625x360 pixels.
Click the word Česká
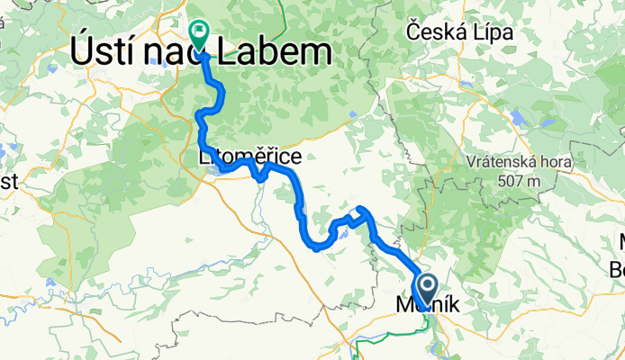438,31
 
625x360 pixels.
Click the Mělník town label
428,307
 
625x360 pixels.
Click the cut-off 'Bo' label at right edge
618,267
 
